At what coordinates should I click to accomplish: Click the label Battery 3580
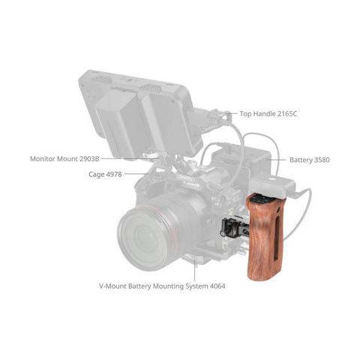(x=310, y=160)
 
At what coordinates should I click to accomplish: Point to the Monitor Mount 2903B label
(x=64, y=159)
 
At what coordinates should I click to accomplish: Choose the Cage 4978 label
(x=103, y=174)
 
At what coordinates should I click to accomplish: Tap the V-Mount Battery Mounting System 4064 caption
(x=162, y=286)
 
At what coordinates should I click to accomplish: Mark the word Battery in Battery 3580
(x=301, y=160)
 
